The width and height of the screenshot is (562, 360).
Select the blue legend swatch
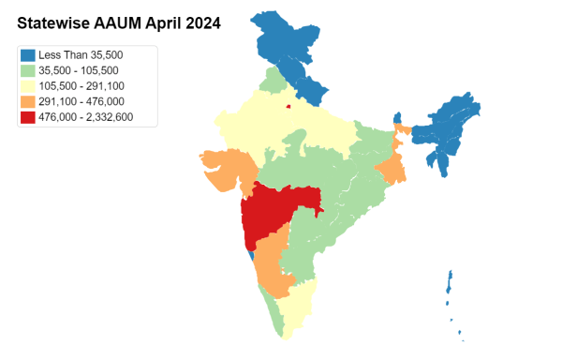tap(28, 56)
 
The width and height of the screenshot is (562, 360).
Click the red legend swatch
tap(28, 116)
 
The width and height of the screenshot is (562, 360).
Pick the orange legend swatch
tap(28, 101)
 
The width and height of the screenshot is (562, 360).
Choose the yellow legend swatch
tap(28, 86)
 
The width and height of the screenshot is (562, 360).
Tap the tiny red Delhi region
tap(288, 106)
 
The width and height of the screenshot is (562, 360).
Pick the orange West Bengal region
tap(392, 169)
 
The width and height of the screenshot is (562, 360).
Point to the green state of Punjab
tap(273, 81)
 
